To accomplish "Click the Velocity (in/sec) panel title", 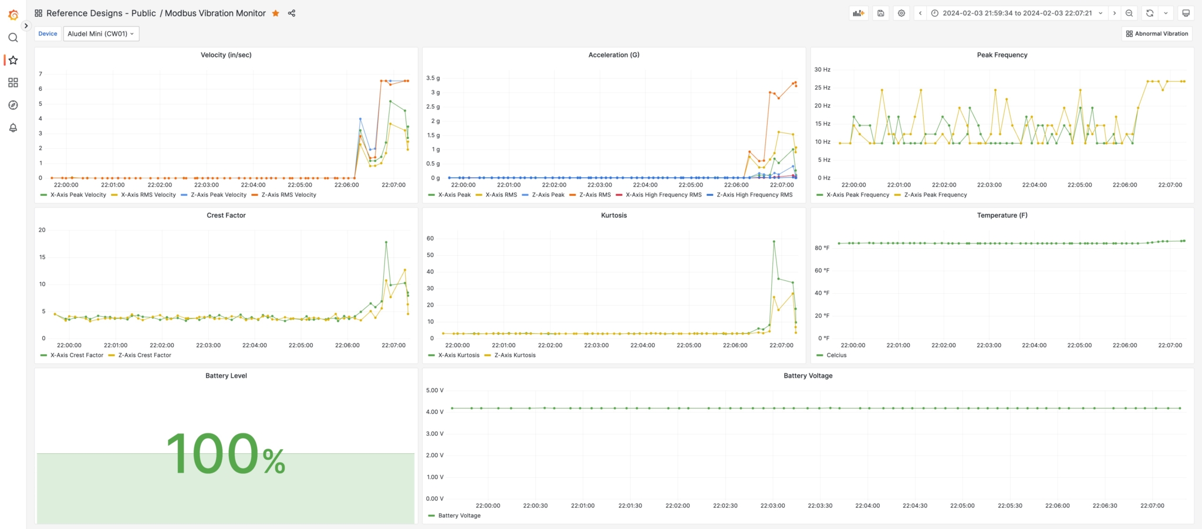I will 226,55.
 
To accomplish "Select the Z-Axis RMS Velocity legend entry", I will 288,195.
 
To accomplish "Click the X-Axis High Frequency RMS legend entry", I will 663,195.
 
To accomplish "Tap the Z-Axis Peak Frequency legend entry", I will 935,195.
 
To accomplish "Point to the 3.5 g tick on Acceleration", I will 433,78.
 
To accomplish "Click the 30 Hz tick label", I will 822,70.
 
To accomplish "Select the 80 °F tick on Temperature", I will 822,248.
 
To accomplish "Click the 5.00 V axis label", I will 434,391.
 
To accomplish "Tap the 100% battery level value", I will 226,455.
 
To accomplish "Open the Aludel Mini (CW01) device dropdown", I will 101,34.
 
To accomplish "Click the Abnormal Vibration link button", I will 1157,34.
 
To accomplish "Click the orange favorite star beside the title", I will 275,13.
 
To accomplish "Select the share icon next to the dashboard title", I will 292,13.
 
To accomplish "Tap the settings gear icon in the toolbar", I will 901,13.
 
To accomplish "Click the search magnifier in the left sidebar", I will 13,38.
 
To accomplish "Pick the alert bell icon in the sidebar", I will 13,128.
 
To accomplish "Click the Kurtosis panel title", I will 614,216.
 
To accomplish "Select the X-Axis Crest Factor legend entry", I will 76,355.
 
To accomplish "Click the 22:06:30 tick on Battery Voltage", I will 1105,506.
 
